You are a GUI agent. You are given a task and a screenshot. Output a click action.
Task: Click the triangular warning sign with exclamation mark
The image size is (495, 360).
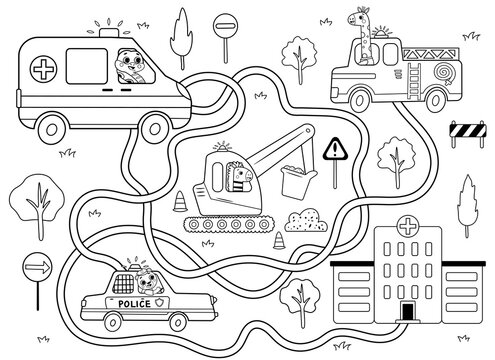pos(336,150)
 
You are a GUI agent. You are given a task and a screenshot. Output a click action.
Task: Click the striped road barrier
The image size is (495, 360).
pos(468,129)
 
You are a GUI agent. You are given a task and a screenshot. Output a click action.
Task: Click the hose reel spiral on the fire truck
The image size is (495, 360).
pos(442,77)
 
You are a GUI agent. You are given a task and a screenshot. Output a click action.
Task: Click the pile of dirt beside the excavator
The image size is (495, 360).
pos(307,222)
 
